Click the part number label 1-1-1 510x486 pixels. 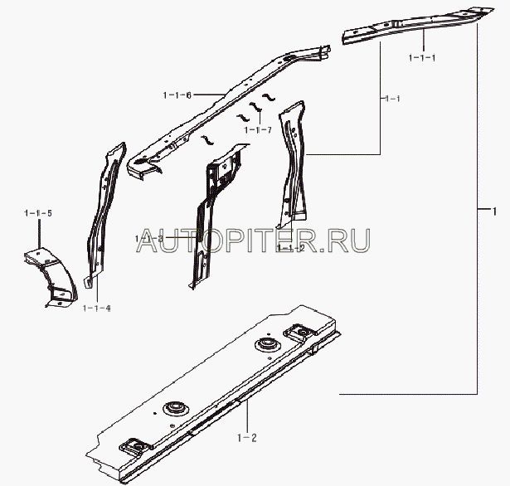click(x=421, y=57)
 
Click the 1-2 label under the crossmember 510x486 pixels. click(x=247, y=436)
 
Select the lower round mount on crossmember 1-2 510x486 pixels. click(x=174, y=408)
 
